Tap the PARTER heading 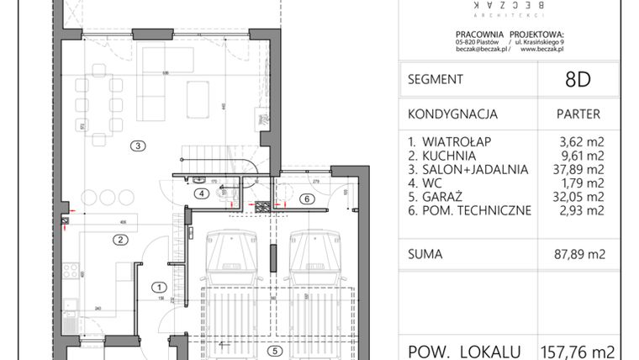(578, 114)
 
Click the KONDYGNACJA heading (453, 114)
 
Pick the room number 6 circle (307, 199)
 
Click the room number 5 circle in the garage (275, 352)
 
